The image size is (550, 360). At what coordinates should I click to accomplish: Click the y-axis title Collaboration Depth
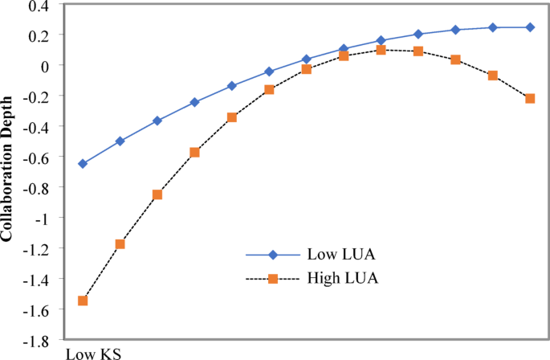(7, 171)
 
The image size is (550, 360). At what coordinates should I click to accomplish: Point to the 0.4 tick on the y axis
(39, 6)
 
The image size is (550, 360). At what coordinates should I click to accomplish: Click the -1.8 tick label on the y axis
(36, 342)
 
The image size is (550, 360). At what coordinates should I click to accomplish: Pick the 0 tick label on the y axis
(44, 65)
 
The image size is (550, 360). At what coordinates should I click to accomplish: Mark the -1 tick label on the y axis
(41, 219)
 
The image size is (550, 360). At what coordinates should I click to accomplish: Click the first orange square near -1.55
(82, 301)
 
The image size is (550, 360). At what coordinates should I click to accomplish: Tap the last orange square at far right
(530, 98)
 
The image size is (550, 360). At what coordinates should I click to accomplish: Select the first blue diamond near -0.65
(82, 163)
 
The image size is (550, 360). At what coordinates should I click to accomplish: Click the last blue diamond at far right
(530, 27)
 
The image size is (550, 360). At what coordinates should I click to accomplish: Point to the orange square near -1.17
(120, 243)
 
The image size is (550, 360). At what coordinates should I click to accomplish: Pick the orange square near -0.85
(157, 194)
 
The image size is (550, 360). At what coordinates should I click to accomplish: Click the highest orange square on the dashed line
(381, 50)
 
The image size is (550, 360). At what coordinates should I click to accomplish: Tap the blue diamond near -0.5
(120, 141)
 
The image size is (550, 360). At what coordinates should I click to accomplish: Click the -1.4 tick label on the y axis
(36, 280)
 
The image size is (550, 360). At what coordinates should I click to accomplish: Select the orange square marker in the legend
(273, 279)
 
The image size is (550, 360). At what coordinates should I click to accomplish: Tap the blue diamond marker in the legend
(273, 255)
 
